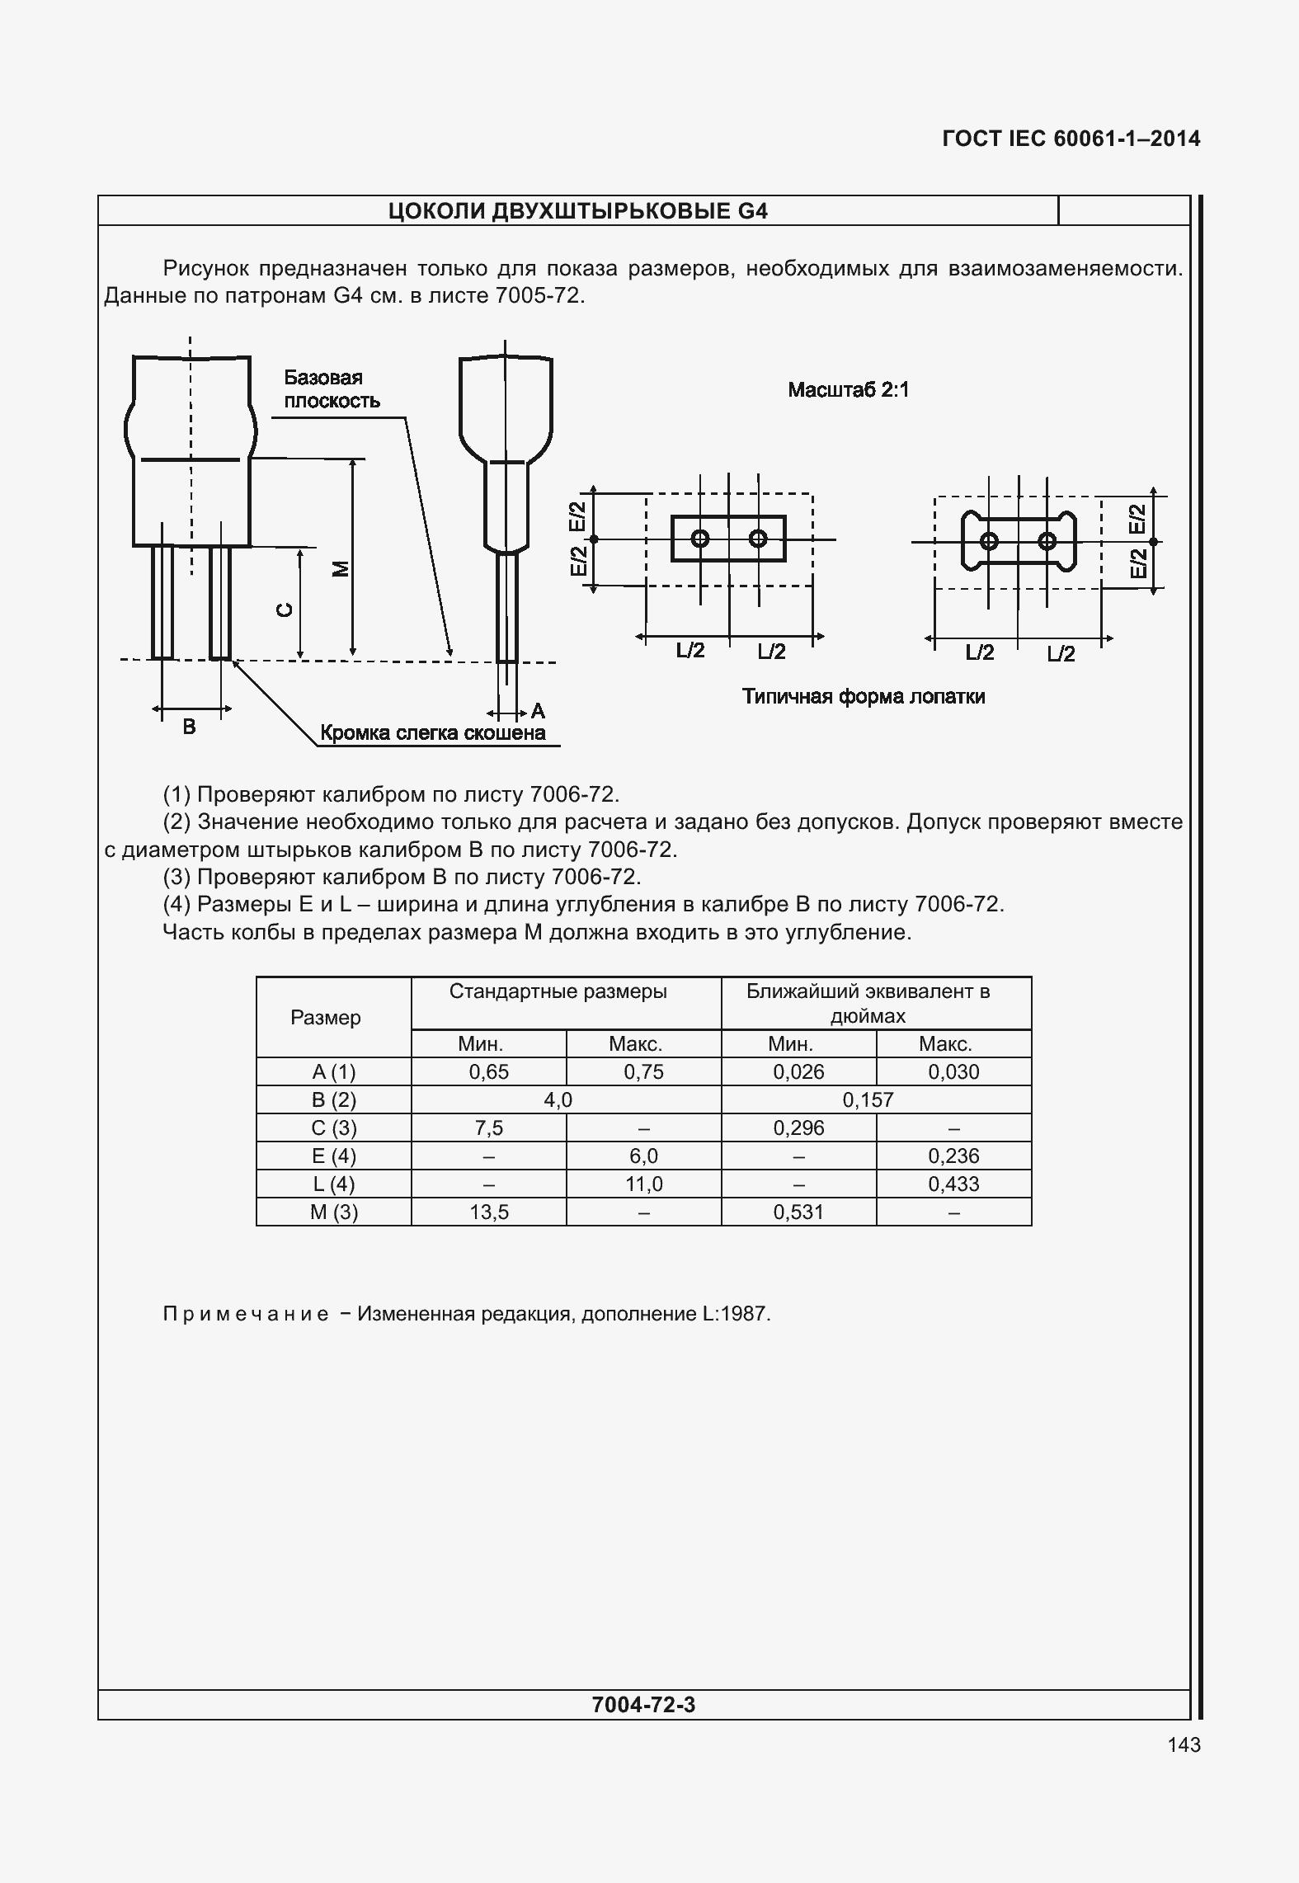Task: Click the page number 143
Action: pos(1184,1744)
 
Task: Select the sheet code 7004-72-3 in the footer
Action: pos(643,1704)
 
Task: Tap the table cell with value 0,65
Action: pos(488,1072)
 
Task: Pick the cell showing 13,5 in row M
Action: pos(488,1212)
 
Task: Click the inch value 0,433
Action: pos(953,1184)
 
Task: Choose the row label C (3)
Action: pos(333,1127)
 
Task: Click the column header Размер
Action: pos(325,1017)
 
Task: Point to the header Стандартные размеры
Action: pos(558,991)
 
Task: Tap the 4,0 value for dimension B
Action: pos(558,1099)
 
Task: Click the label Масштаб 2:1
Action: pos(848,389)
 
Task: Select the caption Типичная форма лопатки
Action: pos(863,696)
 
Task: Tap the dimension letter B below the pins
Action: pos(189,727)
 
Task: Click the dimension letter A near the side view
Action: pos(538,710)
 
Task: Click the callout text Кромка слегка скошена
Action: pos(432,732)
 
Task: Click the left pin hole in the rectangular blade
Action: pos(699,539)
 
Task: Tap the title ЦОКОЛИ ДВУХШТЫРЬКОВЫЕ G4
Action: pos(577,211)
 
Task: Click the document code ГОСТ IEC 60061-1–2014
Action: pos(1071,139)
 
